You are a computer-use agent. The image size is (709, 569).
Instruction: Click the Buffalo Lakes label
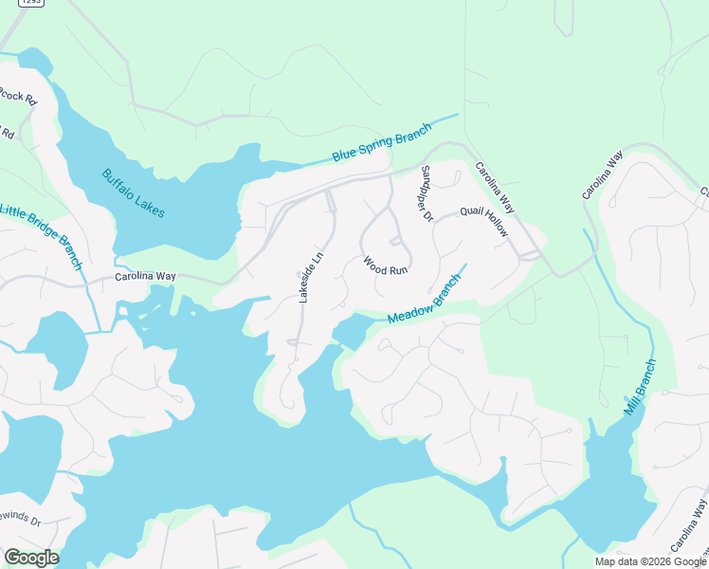tap(134, 193)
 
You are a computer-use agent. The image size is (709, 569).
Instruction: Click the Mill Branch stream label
tap(639, 387)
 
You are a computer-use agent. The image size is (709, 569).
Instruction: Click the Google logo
tap(31, 558)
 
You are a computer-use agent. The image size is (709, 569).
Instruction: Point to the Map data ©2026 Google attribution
tap(650, 561)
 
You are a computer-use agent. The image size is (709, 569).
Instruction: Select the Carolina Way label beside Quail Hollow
tap(494, 186)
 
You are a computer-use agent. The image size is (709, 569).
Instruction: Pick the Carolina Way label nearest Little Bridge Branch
tap(145, 277)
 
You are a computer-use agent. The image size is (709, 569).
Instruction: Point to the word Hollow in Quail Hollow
tap(495, 227)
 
